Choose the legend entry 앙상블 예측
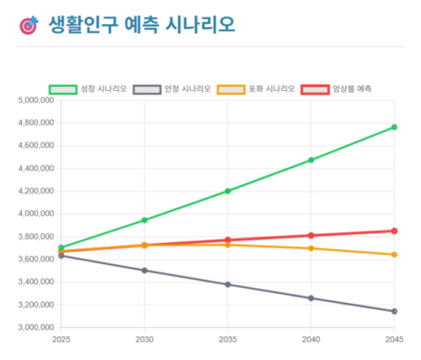pos(337,89)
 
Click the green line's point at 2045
pos(394,127)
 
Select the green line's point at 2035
pos(227,191)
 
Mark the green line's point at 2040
pos(311,160)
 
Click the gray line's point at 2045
pos(394,311)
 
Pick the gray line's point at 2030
pos(145,271)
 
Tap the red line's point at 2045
pos(394,230)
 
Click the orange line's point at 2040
pos(311,248)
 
